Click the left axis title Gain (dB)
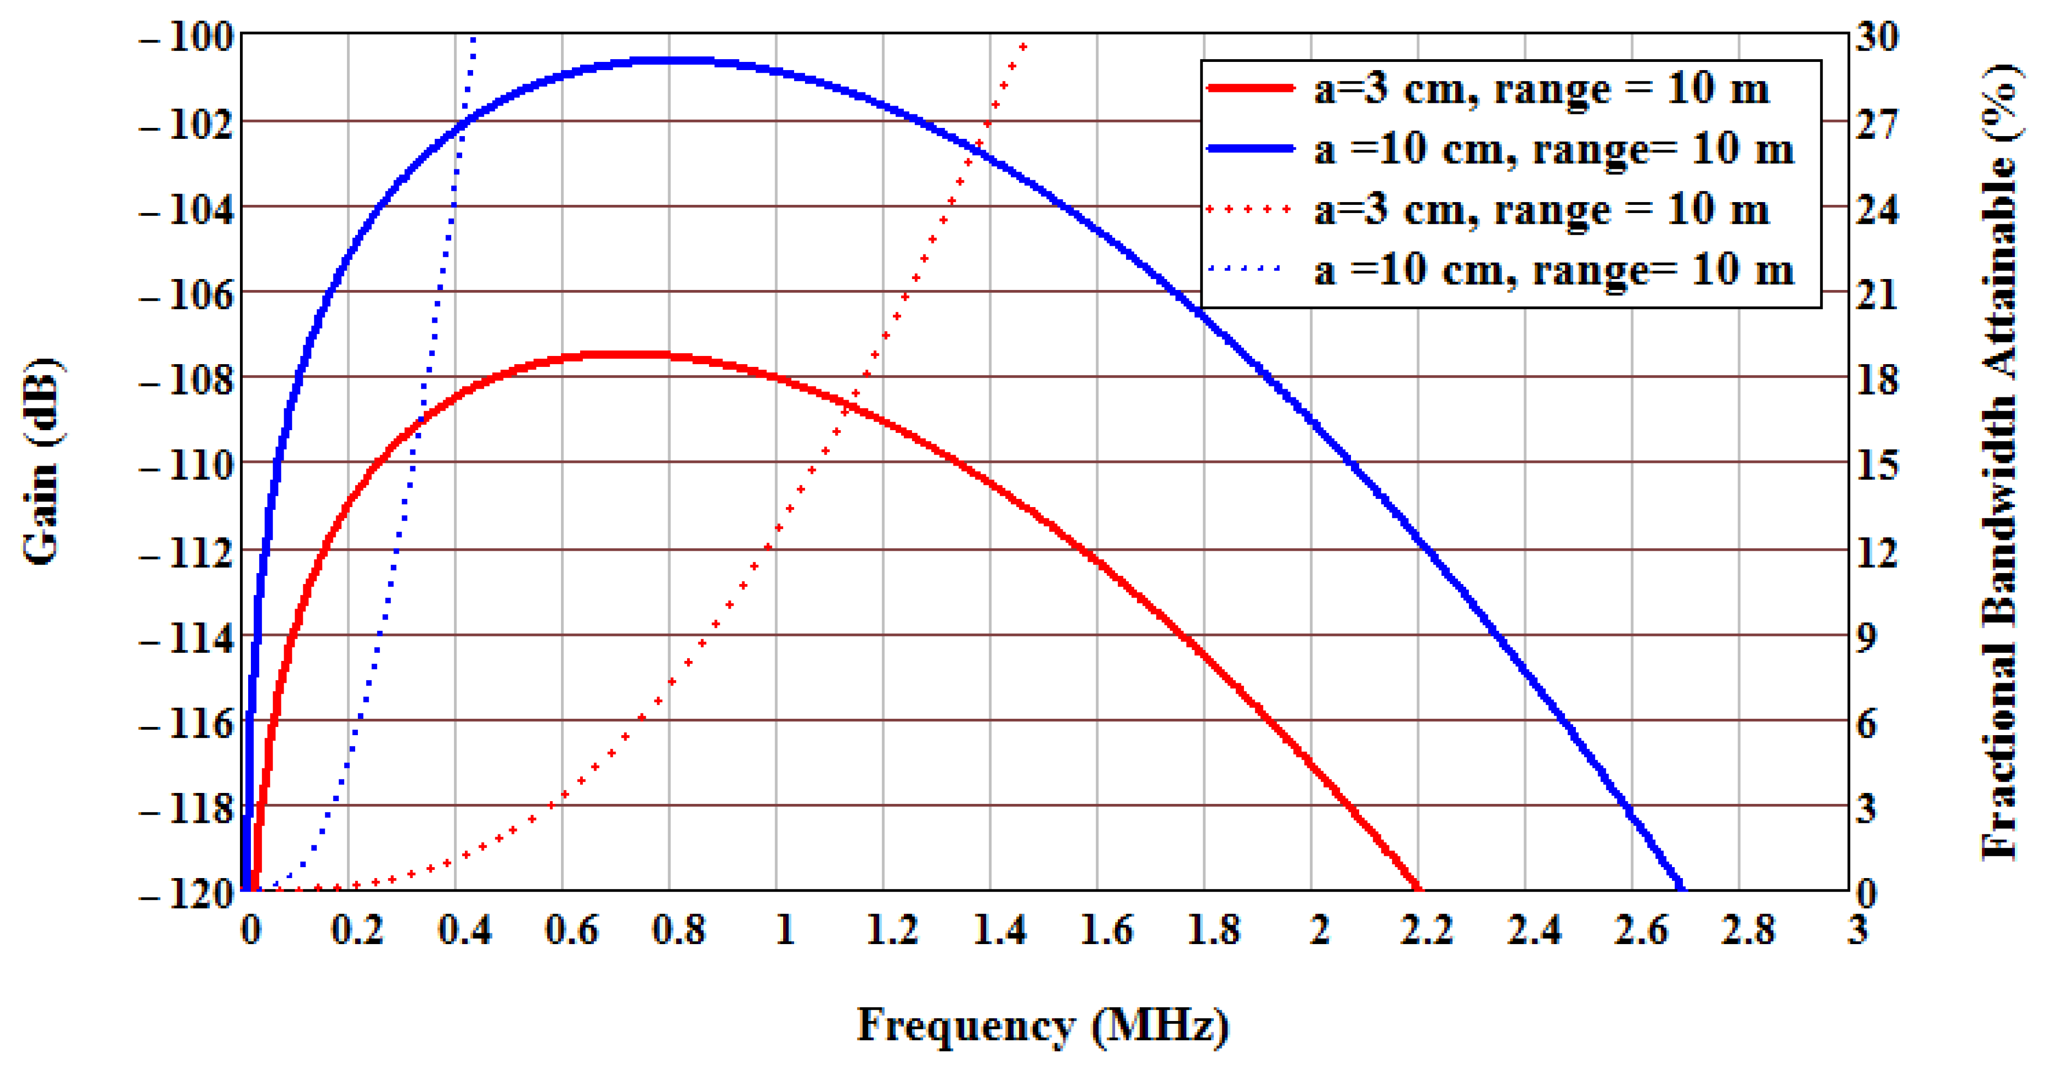coord(41,461)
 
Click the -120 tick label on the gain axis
coord(187,894)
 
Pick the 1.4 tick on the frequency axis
coord(999,929)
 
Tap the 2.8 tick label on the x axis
coord(1748,929)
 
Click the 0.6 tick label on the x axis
coord(571,929)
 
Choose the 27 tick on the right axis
coord(1877,123)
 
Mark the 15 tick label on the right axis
coord(1877,465)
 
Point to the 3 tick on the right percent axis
coord(1867,809)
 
